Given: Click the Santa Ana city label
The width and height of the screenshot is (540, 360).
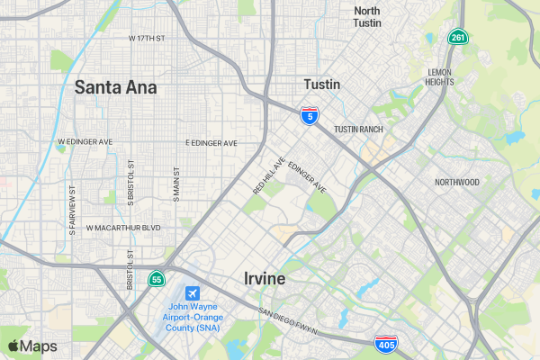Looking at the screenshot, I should (115, 87).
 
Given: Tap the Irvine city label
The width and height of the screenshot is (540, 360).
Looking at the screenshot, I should (265, 279).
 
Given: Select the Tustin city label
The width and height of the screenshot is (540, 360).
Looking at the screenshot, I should (322, 84).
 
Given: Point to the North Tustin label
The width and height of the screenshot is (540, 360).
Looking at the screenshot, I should (367, 16).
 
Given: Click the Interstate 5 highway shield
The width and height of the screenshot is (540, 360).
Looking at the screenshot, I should (310, 115).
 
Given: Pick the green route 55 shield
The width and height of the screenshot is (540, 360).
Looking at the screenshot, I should (157, 279).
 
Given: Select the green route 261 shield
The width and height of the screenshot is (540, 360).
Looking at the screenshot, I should (458, 37).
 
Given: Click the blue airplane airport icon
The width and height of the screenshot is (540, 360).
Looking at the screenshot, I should (193, 293).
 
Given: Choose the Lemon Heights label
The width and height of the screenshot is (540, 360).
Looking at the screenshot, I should (440, 76).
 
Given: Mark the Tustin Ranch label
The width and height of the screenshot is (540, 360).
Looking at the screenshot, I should (358, 130).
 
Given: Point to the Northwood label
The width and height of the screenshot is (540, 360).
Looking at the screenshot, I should (457, 182).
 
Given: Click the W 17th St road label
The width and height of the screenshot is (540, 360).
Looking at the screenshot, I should (148, 39).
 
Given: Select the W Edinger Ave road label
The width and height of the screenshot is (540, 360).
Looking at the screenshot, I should (85, 142).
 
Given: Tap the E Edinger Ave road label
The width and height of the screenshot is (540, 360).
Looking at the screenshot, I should (211, 143).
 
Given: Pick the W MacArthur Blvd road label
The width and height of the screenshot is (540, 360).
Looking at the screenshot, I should (123, 228).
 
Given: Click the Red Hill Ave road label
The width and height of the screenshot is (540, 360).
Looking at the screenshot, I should (269, 175).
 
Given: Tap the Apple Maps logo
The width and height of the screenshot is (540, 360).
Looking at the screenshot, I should (32, 346).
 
